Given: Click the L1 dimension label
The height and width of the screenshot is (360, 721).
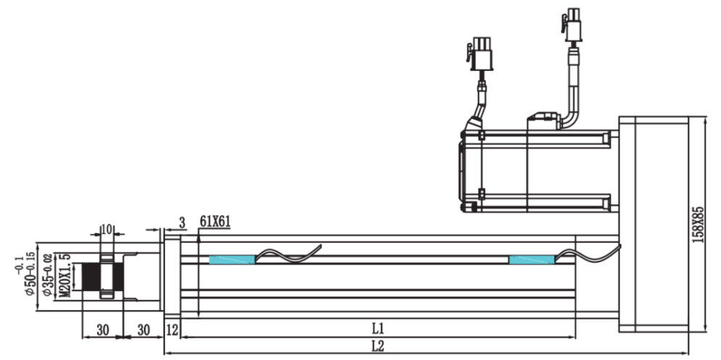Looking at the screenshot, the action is tap(378, 329).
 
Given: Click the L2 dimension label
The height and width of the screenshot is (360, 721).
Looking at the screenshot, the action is tap(378, 346).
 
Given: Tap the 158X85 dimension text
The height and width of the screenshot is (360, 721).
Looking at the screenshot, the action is tap(699, 225).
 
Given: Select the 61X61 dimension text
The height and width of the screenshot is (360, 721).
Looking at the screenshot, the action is tap(215, 222).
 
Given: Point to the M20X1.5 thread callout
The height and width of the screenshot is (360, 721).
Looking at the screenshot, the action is tap(66, 275).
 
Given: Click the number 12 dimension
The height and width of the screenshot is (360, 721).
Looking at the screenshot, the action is tap(172, 330).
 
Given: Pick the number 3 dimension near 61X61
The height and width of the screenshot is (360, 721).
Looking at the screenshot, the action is tap(182, 223).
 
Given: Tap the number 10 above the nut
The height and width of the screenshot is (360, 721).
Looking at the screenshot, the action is tap(106, 230).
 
